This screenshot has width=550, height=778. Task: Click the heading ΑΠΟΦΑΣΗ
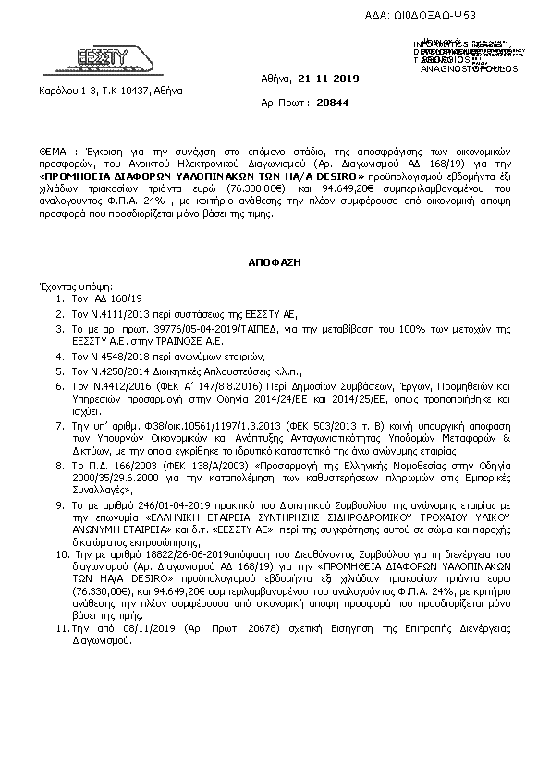(274, 262)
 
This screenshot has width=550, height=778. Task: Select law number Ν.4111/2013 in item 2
(114, 313)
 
